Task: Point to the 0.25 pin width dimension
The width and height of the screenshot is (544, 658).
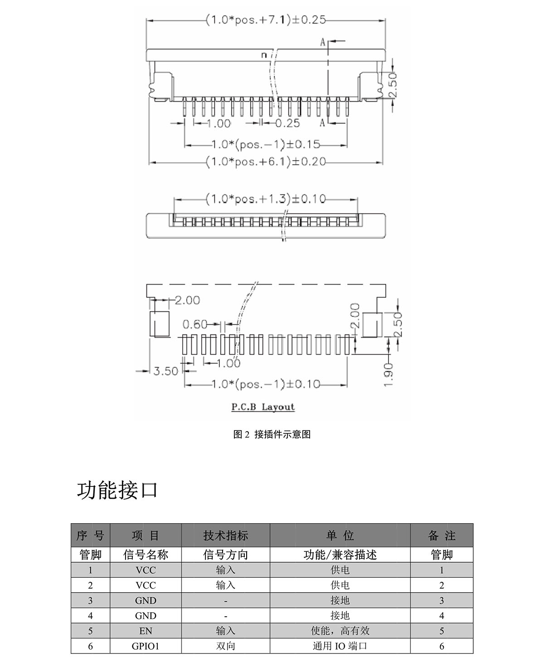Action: tap(287, 123)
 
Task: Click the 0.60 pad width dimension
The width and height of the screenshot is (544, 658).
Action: tap(195, 324)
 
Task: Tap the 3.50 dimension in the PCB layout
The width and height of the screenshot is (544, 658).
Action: tap(165, 371)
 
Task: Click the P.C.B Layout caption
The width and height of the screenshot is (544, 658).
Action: tap(263, 407)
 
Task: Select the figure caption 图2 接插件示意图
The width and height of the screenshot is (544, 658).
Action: tap(272, 434)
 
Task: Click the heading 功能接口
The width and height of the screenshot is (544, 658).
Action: tap(117, 491)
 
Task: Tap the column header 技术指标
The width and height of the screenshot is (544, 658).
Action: tap(226, 535)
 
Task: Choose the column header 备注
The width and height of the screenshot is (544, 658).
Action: tap(442, 535)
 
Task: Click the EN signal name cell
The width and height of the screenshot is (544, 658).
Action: tap(146, 631)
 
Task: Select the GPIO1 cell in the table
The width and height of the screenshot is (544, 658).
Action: tap(146, 646)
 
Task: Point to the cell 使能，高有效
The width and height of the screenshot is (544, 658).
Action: tap(340, 631)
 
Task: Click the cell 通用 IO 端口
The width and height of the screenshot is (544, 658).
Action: tap(340, 646)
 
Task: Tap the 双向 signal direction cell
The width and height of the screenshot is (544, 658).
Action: tap(226, 646)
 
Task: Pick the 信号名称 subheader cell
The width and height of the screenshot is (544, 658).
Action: tap(146, 555)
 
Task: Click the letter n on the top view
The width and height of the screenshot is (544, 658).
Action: tap(263, 55)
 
